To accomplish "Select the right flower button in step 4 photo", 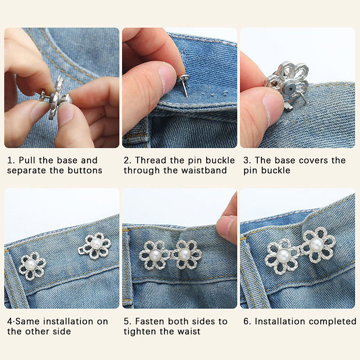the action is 95,246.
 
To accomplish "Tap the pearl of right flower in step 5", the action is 184,254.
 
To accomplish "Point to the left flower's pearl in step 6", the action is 283,256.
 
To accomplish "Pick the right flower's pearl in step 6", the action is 316,244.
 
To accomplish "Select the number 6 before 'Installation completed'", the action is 246,321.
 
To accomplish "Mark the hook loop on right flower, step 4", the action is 81,251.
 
